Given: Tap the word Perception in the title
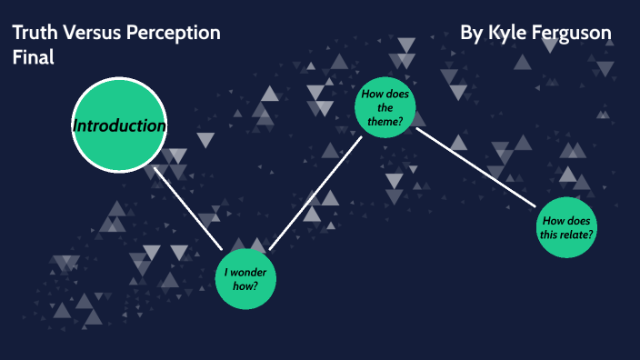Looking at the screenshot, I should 173,34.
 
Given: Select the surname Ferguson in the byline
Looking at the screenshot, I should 572,34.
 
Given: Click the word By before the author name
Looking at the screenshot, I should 471,34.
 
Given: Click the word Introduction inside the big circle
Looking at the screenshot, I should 118,125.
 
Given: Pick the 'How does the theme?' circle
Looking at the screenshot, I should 385,108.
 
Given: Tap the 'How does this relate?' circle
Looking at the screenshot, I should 568,227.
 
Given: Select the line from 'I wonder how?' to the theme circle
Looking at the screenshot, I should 315,192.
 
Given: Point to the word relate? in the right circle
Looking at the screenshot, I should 576,235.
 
